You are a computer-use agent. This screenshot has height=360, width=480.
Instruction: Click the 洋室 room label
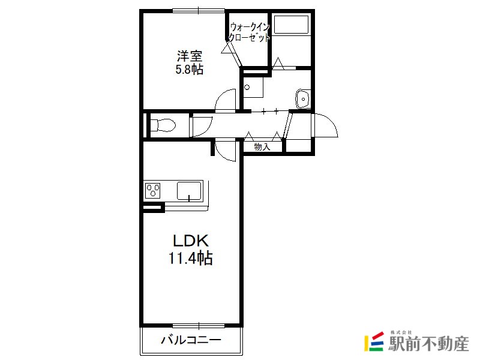coord(190,56)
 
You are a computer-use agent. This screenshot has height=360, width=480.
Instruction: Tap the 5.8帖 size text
coord(189,70)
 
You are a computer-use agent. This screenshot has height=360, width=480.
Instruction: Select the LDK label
coord(191,241)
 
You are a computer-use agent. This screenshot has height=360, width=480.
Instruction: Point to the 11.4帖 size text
coord(190,258)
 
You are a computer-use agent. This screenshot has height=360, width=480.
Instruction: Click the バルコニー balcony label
coord(191,340)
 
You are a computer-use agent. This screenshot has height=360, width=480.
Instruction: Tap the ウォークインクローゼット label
coord(250,32)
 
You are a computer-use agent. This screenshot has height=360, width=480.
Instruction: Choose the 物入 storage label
coord(262,147)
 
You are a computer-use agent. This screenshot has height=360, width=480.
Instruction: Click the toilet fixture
coord(163,125)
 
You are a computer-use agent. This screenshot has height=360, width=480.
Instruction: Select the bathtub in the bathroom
coord(291,25)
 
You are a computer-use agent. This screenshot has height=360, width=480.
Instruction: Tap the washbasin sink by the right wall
coord(303,99)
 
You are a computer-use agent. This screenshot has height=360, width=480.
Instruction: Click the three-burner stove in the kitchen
coord(152,191)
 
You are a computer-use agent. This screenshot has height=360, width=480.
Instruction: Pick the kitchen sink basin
coord(189,191)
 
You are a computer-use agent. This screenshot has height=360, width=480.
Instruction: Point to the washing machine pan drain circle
coord(247,87)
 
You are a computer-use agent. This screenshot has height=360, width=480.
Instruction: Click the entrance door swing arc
coord(331,121)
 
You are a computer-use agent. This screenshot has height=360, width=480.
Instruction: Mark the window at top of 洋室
coord(199,11)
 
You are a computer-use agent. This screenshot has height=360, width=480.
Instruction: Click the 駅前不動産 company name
coord(428,344)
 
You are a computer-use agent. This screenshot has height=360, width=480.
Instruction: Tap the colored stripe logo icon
coord(374,341)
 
